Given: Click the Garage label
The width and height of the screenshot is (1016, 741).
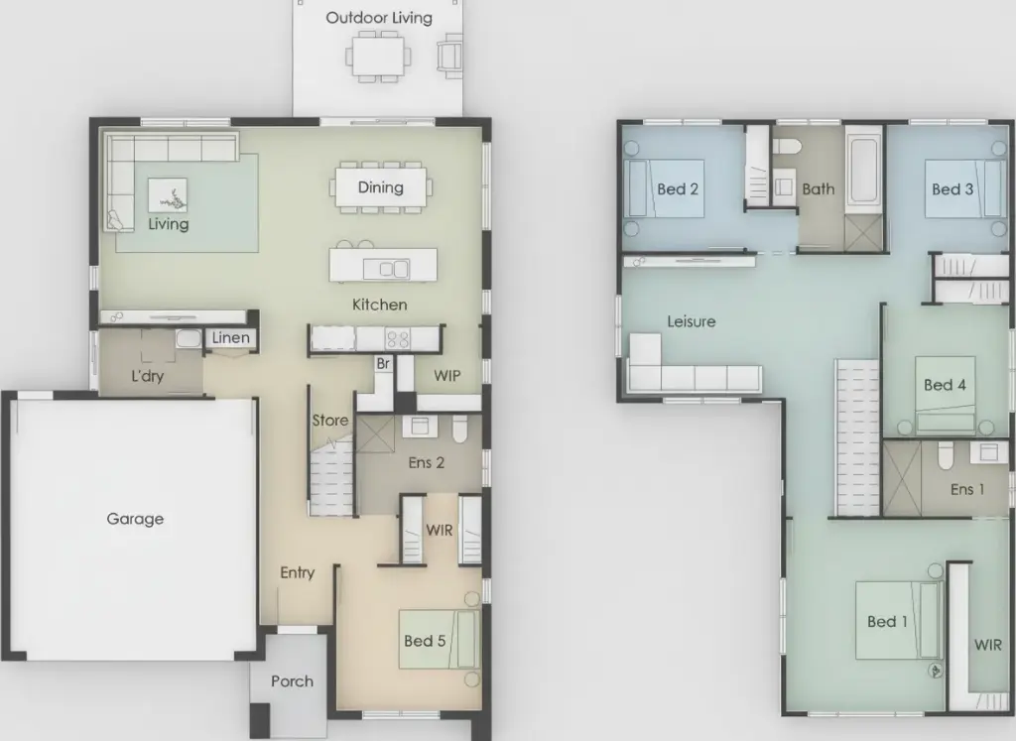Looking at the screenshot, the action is [x=135, y=519].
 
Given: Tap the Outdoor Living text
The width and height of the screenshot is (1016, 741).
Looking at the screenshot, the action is [x=379, y=18].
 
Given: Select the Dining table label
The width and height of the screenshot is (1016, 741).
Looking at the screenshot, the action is [x=380, y=187].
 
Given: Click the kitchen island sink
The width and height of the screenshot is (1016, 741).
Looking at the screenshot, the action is [x=386, y=268].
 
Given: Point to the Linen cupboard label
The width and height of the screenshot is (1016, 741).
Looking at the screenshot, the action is [x=230, y=337].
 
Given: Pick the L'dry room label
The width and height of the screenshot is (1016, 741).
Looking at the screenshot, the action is [x=147, y=376].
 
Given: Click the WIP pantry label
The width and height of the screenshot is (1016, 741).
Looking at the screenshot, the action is [x=447, y=376].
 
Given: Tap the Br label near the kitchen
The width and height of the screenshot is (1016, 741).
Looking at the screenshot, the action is [x=383, y=363].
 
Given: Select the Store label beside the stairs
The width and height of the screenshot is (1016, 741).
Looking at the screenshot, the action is [x=330, y=421].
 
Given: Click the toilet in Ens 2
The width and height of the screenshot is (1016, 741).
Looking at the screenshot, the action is [x=459, y=429].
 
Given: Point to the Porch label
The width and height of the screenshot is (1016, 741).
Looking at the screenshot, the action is [x=293, y=681].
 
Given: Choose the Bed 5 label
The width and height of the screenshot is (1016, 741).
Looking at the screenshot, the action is [x=425, y=641].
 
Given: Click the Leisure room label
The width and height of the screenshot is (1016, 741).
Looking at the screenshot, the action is [x=692, y=321].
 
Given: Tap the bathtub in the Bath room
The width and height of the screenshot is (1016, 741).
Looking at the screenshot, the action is [x=864, y=169].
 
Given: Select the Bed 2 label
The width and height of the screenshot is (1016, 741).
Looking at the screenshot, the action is [x=677, y=189].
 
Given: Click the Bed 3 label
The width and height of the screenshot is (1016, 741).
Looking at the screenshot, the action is [x=952, y=189].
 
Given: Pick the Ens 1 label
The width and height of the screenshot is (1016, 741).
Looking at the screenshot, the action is [x=966, y=489].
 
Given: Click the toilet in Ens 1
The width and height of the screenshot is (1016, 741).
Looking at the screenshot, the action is [x=946, y=454].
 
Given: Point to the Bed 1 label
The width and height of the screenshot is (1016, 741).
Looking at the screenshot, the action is [x=887, y=621].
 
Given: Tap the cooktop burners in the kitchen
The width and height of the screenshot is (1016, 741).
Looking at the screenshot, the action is [x=398, y=338].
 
